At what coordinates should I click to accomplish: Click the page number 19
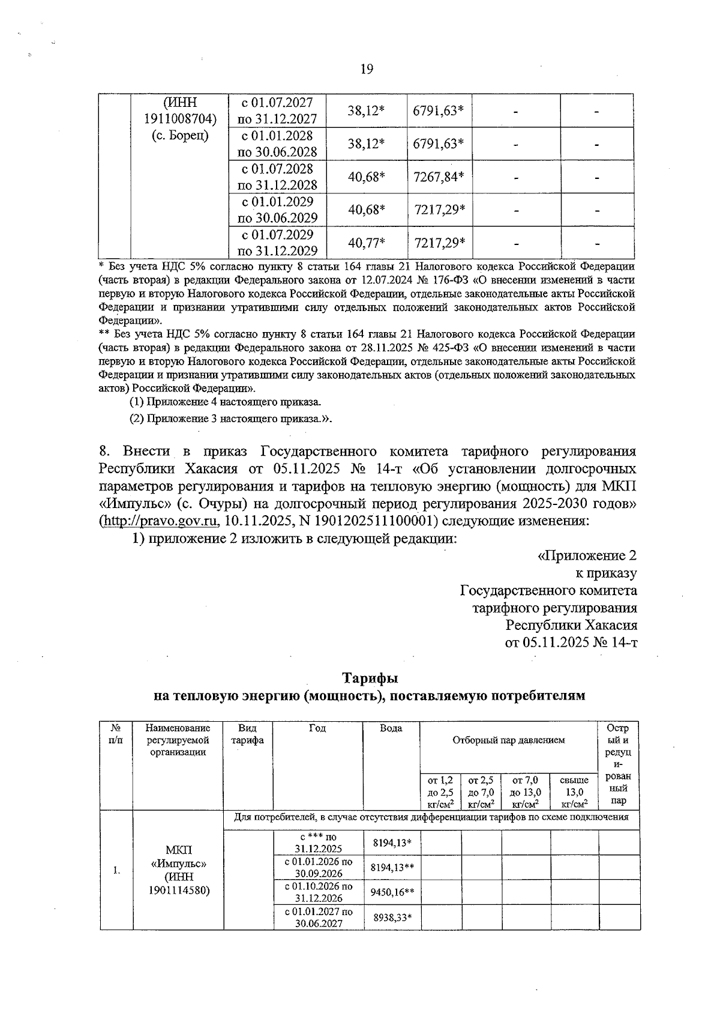point(367,70)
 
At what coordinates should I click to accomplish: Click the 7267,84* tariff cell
point(439,177)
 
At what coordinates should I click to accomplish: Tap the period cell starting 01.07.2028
point(278,177)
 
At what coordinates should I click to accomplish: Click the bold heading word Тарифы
point(370,679)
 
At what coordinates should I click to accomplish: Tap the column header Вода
point(391,728)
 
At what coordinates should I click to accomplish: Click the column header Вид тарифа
point(247,734)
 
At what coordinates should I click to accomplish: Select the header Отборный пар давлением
point(508,740)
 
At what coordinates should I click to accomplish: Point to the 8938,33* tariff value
point(391,917)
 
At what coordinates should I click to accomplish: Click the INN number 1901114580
point(178,890)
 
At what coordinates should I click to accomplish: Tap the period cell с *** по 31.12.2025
point(317,842)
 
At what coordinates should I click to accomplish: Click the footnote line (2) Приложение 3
point(231,419)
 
